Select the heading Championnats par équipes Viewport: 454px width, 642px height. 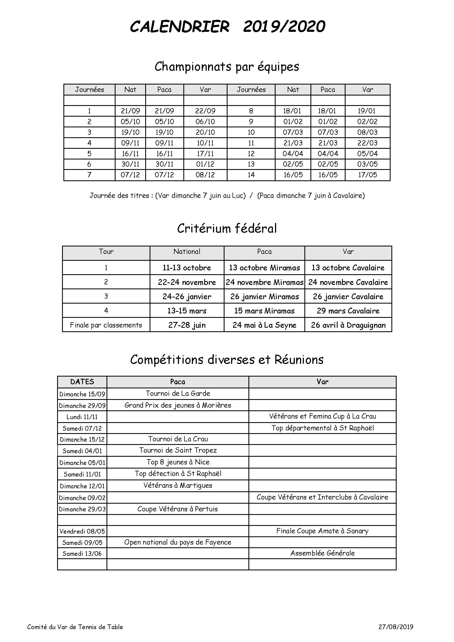(227, 66)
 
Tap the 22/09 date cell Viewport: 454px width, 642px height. (205, 111)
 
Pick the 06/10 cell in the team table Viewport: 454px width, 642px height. (205, 122)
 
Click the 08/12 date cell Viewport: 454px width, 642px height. (205, 175)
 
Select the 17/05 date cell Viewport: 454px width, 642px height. (367, 175)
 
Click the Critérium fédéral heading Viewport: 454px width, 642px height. (227, 228)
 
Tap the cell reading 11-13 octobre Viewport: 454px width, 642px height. (187, 268)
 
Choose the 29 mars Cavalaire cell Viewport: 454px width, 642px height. (348, 311)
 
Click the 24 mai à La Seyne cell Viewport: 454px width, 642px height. (264, 325)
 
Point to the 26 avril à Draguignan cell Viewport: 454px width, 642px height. (348, 325)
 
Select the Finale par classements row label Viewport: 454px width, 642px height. (106, 325)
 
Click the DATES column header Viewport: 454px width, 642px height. (82, 382)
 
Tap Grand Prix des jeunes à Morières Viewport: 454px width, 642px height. (178, 405)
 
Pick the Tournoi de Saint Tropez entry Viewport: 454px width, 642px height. (178, 450)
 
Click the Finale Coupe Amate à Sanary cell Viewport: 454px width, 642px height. (322, 531)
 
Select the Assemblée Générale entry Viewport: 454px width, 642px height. (322, 553)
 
